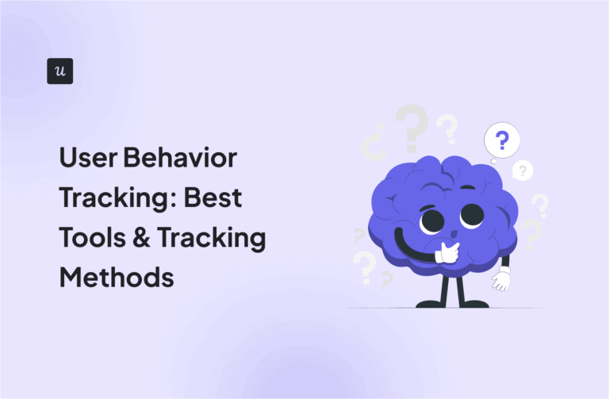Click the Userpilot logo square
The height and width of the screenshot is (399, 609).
(x=60, y=71)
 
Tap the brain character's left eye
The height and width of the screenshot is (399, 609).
(x=431, y=220)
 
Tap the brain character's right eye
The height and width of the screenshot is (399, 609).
(x=472, y=214)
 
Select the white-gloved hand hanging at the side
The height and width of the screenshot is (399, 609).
(x=500, y=278)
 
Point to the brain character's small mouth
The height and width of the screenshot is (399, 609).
(x=453, y=235)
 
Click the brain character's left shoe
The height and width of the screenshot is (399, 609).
(x=429, y=303)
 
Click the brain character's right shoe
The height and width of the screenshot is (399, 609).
(x=474, y=303)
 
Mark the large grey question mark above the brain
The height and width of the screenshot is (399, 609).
(x=413, y=127)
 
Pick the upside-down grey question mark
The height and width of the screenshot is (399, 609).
(x=372, y=145)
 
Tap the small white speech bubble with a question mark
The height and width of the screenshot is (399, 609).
(x=522, y=170)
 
